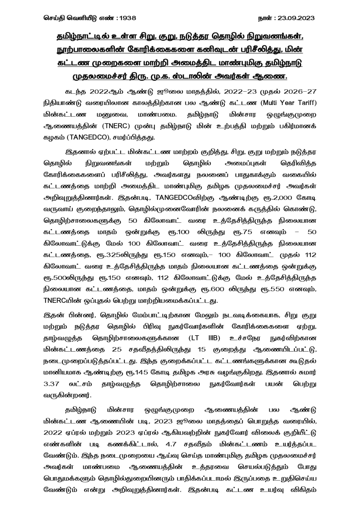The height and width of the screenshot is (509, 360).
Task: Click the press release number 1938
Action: [127, 18]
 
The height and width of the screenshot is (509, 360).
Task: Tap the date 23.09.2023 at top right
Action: [296, 18]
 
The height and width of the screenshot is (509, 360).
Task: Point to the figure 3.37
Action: [53, 384]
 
